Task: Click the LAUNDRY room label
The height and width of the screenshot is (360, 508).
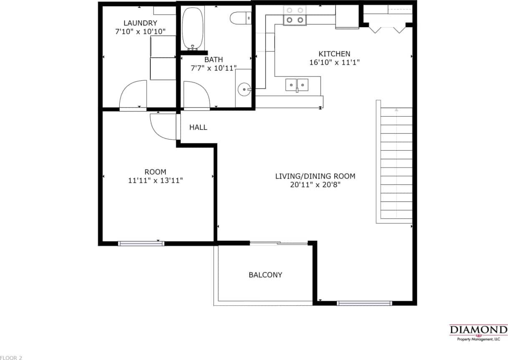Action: pyautogui.click(x=140, y=23)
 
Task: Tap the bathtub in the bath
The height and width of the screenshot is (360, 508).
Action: pyautogui.click(x=193, y=28)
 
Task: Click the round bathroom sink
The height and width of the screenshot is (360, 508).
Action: pyautogui.click(x=243, y=89)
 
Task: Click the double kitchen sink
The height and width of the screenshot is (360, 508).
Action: pyautogui.click(x=297, y=85)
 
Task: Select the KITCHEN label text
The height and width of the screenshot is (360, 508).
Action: pyautogui.click(x=334, y=54)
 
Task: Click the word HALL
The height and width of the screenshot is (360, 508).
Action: pyautogui.click(x=198, y=127)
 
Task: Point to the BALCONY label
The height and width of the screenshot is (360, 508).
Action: pyautogui.click(x=265, y=275)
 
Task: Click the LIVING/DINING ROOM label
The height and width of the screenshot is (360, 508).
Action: pyautogui.click(x=315, y=176)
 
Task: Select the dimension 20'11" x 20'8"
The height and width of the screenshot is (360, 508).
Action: pyautogui.click(x=315, y=185)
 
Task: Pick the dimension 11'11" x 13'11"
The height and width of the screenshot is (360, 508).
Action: pyautogui.click(x=155, y=180)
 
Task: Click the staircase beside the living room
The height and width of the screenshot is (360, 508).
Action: pyautogui.click(x=396, y=163)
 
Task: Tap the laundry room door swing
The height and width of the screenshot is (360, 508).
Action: pyautogui.click(x=132, y=95)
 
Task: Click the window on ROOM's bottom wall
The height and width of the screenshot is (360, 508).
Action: pyautogui.click(x=141, y=243)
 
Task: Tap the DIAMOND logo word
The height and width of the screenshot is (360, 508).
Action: pyautogui.click(x=478, y=330)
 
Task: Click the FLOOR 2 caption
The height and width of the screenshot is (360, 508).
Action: pyautogui.click(x=11, y=357)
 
